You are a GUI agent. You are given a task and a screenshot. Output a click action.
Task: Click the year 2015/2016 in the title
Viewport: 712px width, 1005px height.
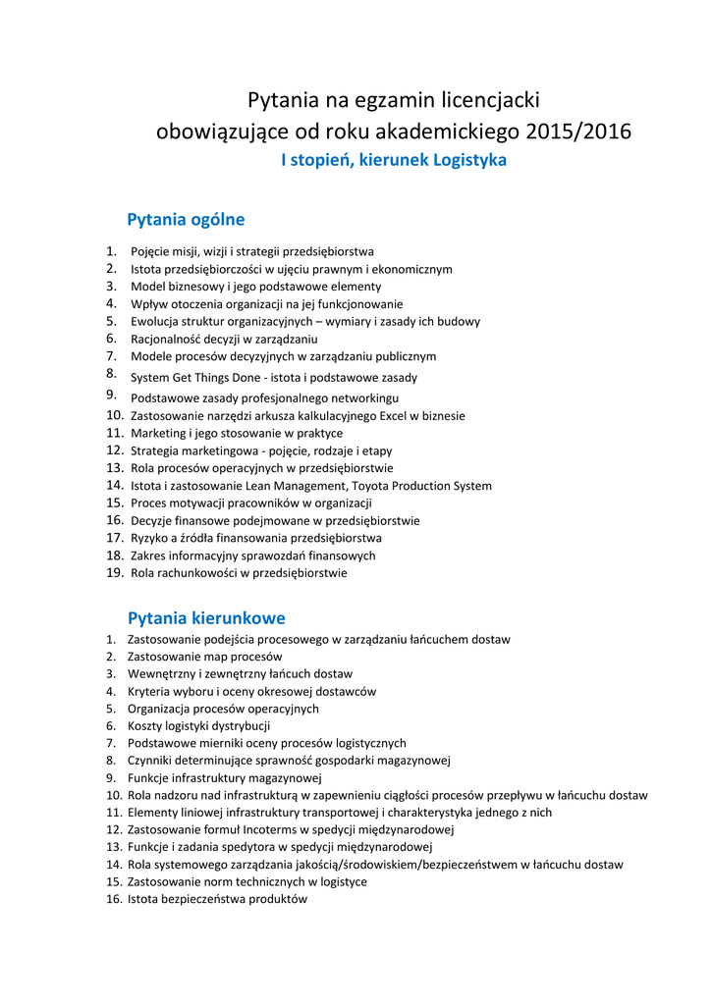pos(578,131)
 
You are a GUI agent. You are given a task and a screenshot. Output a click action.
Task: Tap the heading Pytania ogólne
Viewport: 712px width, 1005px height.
pos(186,219)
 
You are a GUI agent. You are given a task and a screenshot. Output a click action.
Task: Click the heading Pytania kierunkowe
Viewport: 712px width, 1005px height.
pos(206,617)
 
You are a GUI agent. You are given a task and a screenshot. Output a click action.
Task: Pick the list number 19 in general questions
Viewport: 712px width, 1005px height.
pos(114,572)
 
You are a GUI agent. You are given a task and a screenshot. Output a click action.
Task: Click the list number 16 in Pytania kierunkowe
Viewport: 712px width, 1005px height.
pos(114,899)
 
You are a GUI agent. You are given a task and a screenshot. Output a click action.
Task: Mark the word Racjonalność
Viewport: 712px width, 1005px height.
pos(167,339)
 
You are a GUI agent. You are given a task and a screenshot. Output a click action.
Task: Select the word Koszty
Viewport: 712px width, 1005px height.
pos(146,726)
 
